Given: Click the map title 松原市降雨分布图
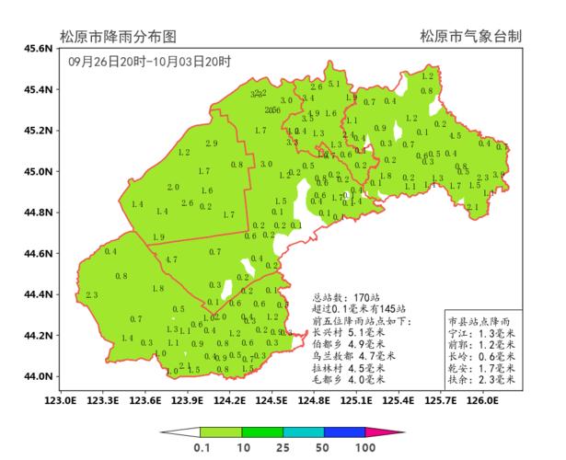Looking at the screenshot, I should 118,37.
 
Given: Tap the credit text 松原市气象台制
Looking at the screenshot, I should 471,37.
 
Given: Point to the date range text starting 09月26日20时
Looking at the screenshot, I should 149,62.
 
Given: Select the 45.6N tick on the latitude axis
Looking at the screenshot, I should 37,48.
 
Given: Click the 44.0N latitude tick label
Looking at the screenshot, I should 37,376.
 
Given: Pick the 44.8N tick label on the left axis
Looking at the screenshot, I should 37,213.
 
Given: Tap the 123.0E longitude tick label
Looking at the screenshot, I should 60,400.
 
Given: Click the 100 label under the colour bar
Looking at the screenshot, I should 366,446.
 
